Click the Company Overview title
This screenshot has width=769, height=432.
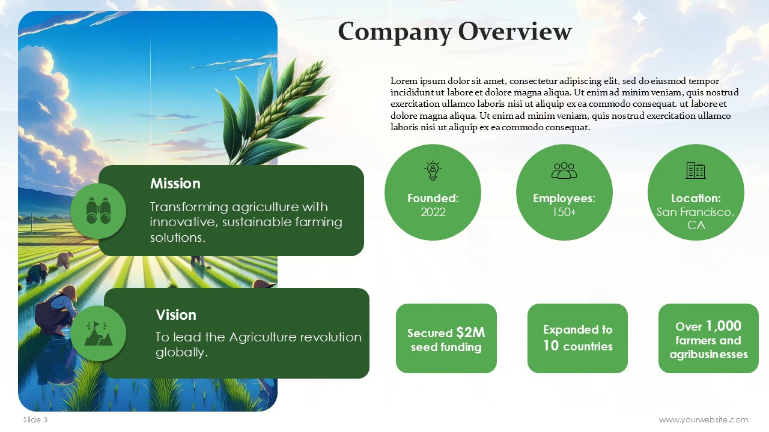pos(455,32)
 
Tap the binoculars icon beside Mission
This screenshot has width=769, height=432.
pos(99,211)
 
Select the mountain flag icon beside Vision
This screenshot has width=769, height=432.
pos(98,333)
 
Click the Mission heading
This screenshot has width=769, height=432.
pos(175,184)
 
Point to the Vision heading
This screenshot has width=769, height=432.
pos(176,315)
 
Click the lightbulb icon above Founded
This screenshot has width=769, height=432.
pos(433,170)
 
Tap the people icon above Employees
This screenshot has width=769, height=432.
pos(564,170)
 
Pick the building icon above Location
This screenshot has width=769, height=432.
pos(696,170)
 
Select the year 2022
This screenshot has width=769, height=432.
pos(433,212)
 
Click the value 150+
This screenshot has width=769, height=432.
pos(564,212)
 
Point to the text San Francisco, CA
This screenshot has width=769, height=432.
pos(696,219)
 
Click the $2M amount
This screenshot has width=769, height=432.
pos(470,332)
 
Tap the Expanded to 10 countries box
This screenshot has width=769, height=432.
pos(577,338)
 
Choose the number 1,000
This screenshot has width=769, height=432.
pos(724,326)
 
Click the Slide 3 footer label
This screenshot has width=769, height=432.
pos(35,419)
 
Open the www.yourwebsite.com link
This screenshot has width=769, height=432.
pos(704,419)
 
